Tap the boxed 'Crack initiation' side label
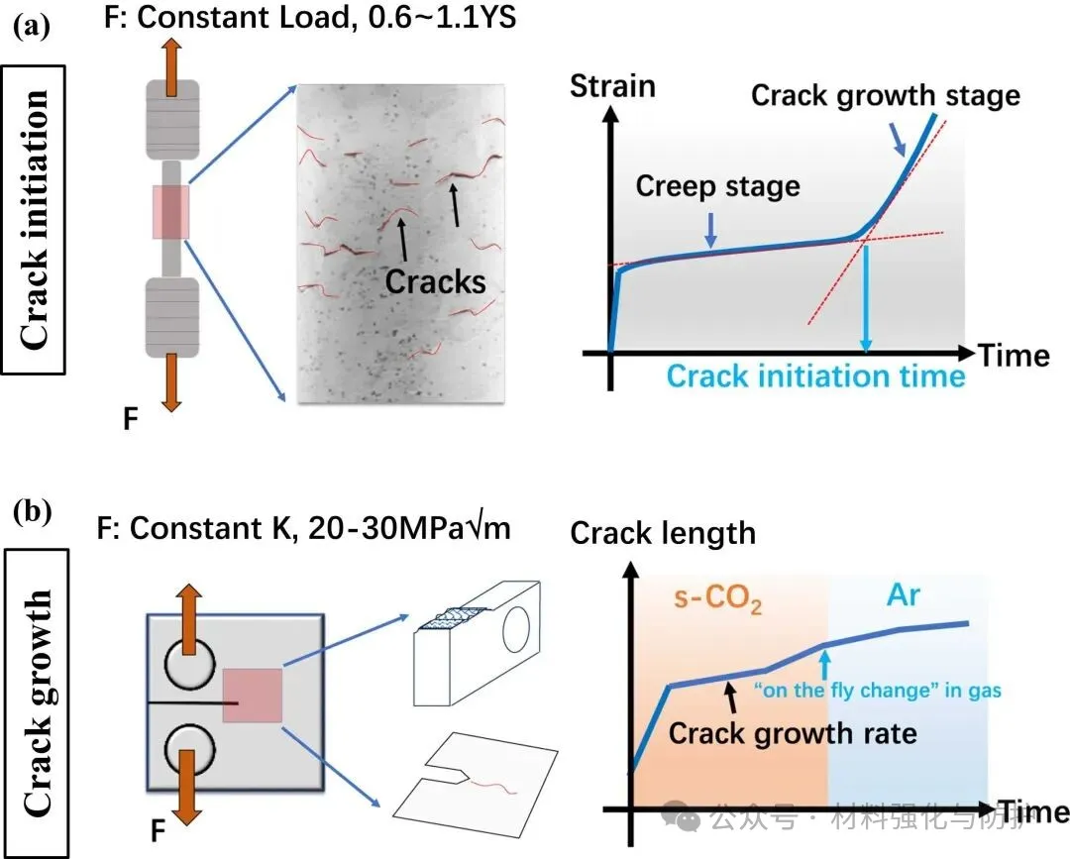click(33, 219)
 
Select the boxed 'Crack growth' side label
click(36, 702)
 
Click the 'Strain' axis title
click(612, 86)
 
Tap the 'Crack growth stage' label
click(885, 95)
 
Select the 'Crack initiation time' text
click(815, 376)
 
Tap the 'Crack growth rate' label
click(792, 734)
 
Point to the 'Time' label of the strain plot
click(1014, 354)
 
